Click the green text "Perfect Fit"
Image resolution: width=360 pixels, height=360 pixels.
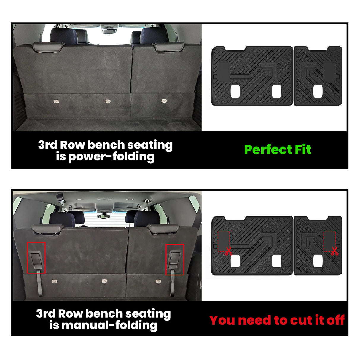(278, 150)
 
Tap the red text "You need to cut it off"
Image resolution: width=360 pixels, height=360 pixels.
(277, 320)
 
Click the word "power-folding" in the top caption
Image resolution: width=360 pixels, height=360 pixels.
(111, 157)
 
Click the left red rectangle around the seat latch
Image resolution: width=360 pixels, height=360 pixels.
(36, 257)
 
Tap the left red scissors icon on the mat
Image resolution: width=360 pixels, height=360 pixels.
(229, 251)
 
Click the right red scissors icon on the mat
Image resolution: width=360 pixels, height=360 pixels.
(334, 251)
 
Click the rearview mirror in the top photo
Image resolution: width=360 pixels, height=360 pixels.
(109, 31)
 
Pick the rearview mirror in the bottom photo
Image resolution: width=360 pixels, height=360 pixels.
(103, 216)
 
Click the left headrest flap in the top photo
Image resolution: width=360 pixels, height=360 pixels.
(48, 47)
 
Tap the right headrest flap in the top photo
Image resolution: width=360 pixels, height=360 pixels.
(168, 46)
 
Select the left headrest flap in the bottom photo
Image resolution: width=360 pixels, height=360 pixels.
(48, 229)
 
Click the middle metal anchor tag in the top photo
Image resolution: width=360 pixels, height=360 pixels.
(108, 101)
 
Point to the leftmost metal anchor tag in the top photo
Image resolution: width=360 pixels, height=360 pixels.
(56, 101)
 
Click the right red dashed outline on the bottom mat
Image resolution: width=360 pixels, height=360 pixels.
(329, 241)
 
